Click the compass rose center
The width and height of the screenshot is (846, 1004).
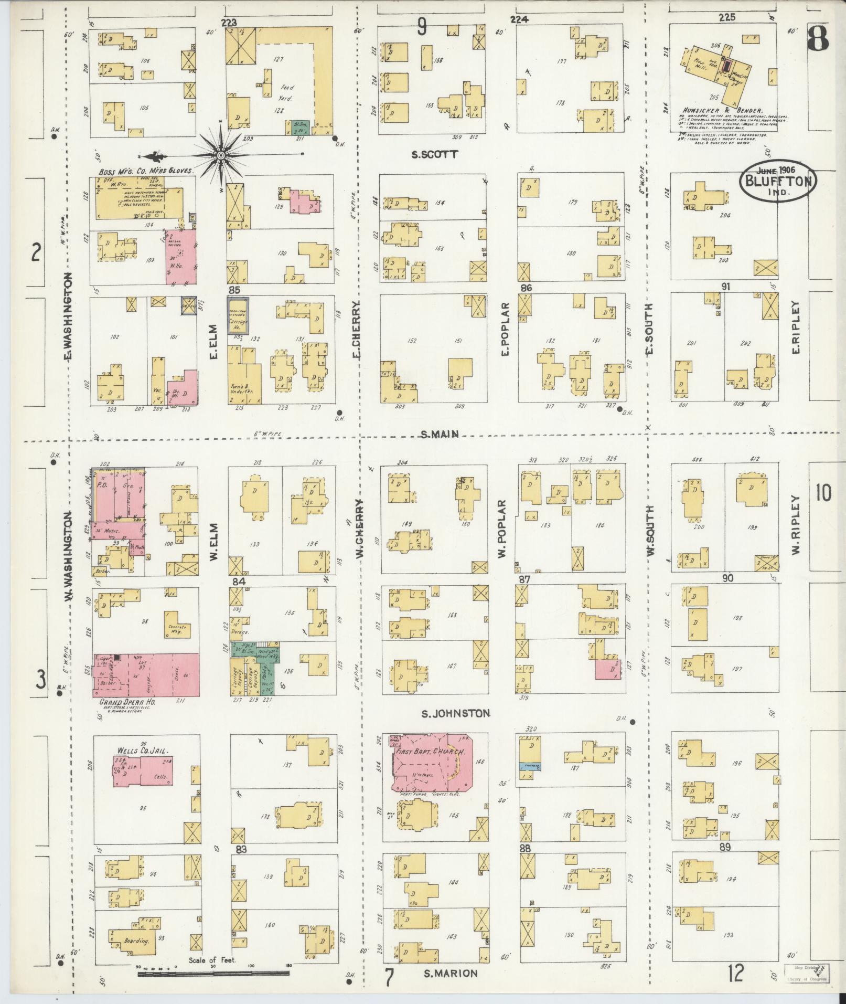coord(221,155)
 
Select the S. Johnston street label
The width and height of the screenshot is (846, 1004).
coord(456,713)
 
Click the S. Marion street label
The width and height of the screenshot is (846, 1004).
coord(451,974)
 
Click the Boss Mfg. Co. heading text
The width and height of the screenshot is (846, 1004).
coord(145,171)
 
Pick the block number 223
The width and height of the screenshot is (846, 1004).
coord(229,23)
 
